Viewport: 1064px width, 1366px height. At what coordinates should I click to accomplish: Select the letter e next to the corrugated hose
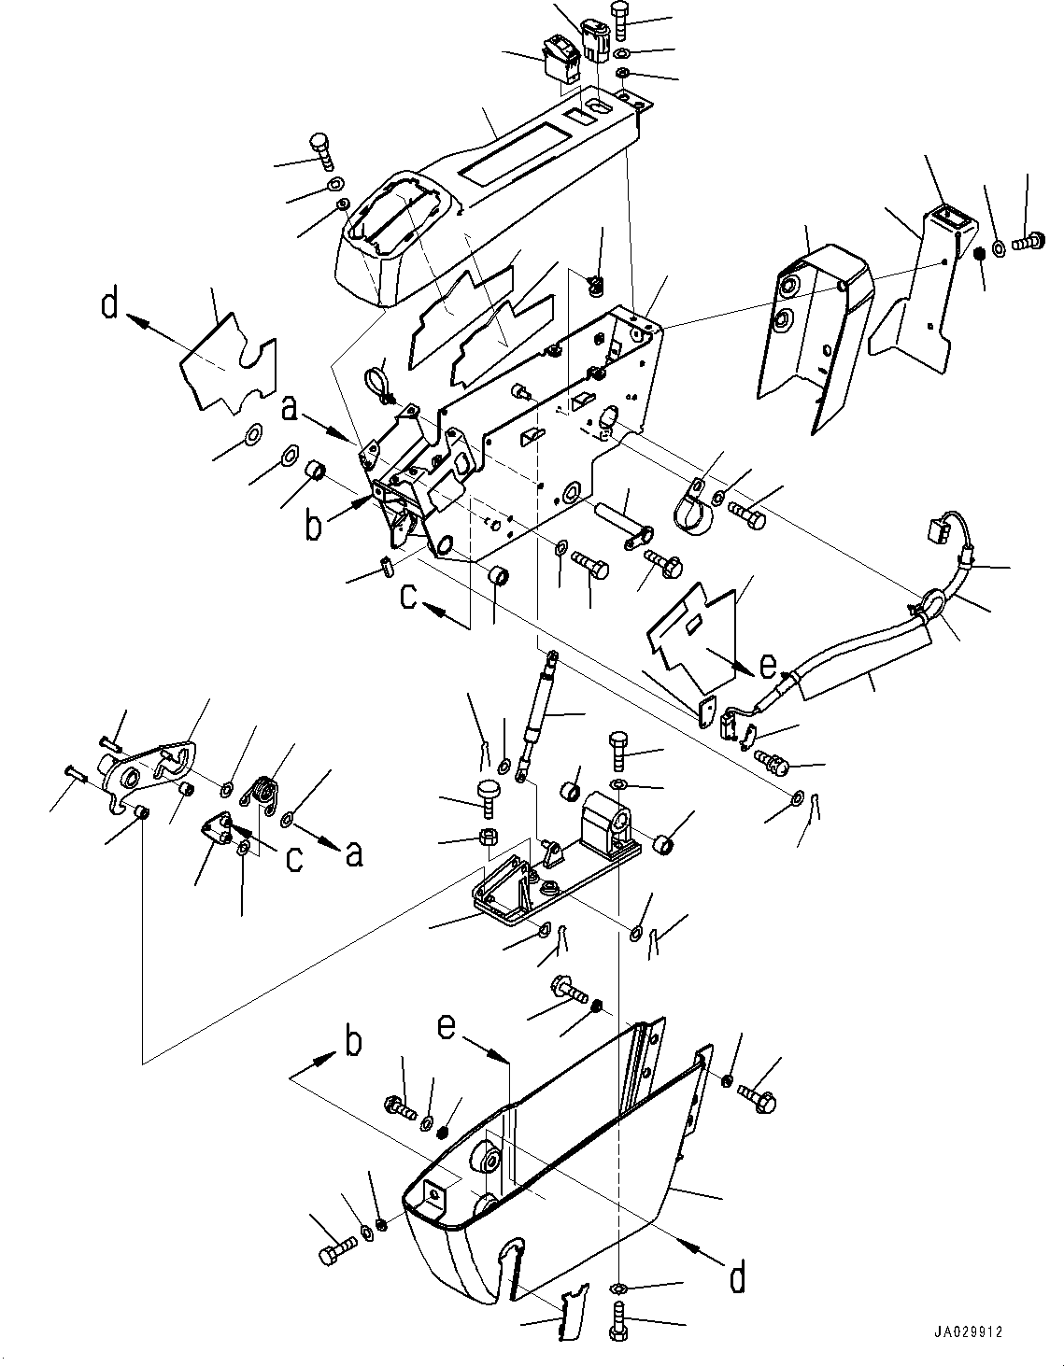(769, 666)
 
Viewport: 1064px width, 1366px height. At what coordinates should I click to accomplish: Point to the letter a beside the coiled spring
(354, 853)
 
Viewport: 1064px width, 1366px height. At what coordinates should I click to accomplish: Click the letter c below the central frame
(409, 597)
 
